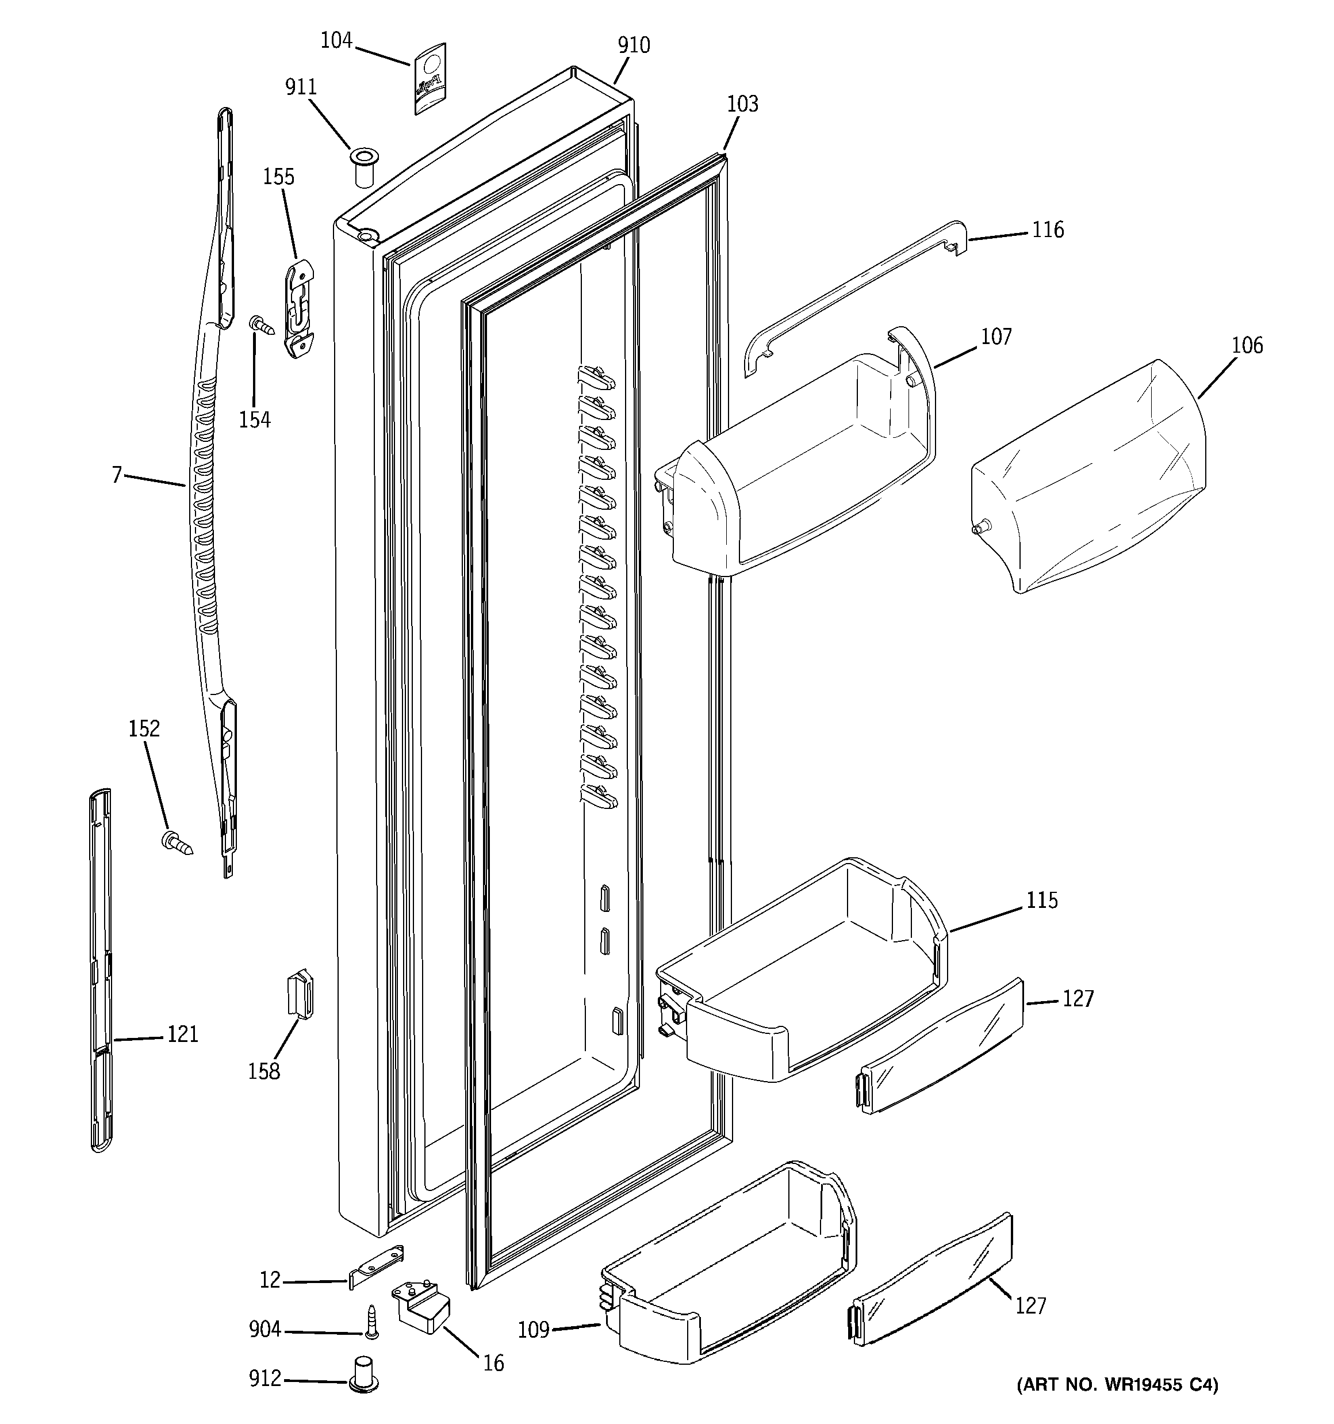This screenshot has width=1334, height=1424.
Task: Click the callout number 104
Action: point(336,40)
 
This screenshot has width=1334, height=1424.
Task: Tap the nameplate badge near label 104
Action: point(429,78)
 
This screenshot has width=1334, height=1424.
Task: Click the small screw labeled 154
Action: point(262,325)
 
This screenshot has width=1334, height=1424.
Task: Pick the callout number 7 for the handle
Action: point(117,474)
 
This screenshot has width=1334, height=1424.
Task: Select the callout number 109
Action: point(534,1330)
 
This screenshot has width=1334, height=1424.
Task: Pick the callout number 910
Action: point(634,45)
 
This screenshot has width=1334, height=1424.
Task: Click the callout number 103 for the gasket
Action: point(742,104)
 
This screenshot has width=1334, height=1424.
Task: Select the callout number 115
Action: point(1042,900)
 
